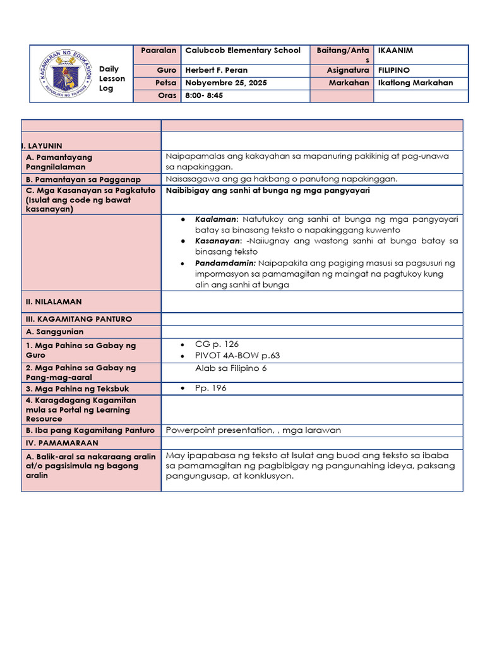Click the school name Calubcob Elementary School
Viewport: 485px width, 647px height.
pos(242,50)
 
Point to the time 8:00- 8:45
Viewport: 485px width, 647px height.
pos(203,95)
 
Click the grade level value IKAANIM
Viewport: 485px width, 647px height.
pos(395,50)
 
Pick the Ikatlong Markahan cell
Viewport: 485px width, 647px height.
pos(415,83)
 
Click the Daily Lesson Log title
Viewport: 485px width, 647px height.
pos(112,78)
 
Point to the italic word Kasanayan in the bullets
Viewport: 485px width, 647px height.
pos(218,241)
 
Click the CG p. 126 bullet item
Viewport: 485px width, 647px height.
pos(217,344)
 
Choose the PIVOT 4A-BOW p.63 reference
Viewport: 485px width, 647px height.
pos(237,355)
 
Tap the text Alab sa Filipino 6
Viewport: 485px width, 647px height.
pos(231,368)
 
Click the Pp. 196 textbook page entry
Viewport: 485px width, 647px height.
pos(211,388)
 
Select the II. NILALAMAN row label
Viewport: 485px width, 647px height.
pos(54,302)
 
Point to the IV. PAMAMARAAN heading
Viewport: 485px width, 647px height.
pos(63,443)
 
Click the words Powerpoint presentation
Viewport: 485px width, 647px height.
pos(212,430)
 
